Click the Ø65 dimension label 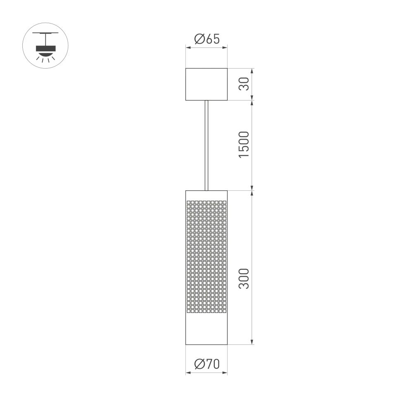tap(206, 39)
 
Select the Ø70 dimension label tap(206, 364)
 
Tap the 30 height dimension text tap(244, 84)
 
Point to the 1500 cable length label tap(244, 144)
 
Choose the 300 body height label tap(244, 278)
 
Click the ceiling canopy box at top tap(206, 84)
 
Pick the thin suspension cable tap(206, 145)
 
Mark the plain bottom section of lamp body tap(206, 329)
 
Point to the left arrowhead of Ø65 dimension tap(188, 48)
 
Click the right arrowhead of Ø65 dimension tap(225, 48)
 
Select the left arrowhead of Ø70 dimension tap(188, 373)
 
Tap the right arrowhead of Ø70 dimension tap(225, 373)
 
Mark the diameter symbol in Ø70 tap(199, 364)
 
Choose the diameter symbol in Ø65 tap(199, 39)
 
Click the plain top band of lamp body tap(206, 196)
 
